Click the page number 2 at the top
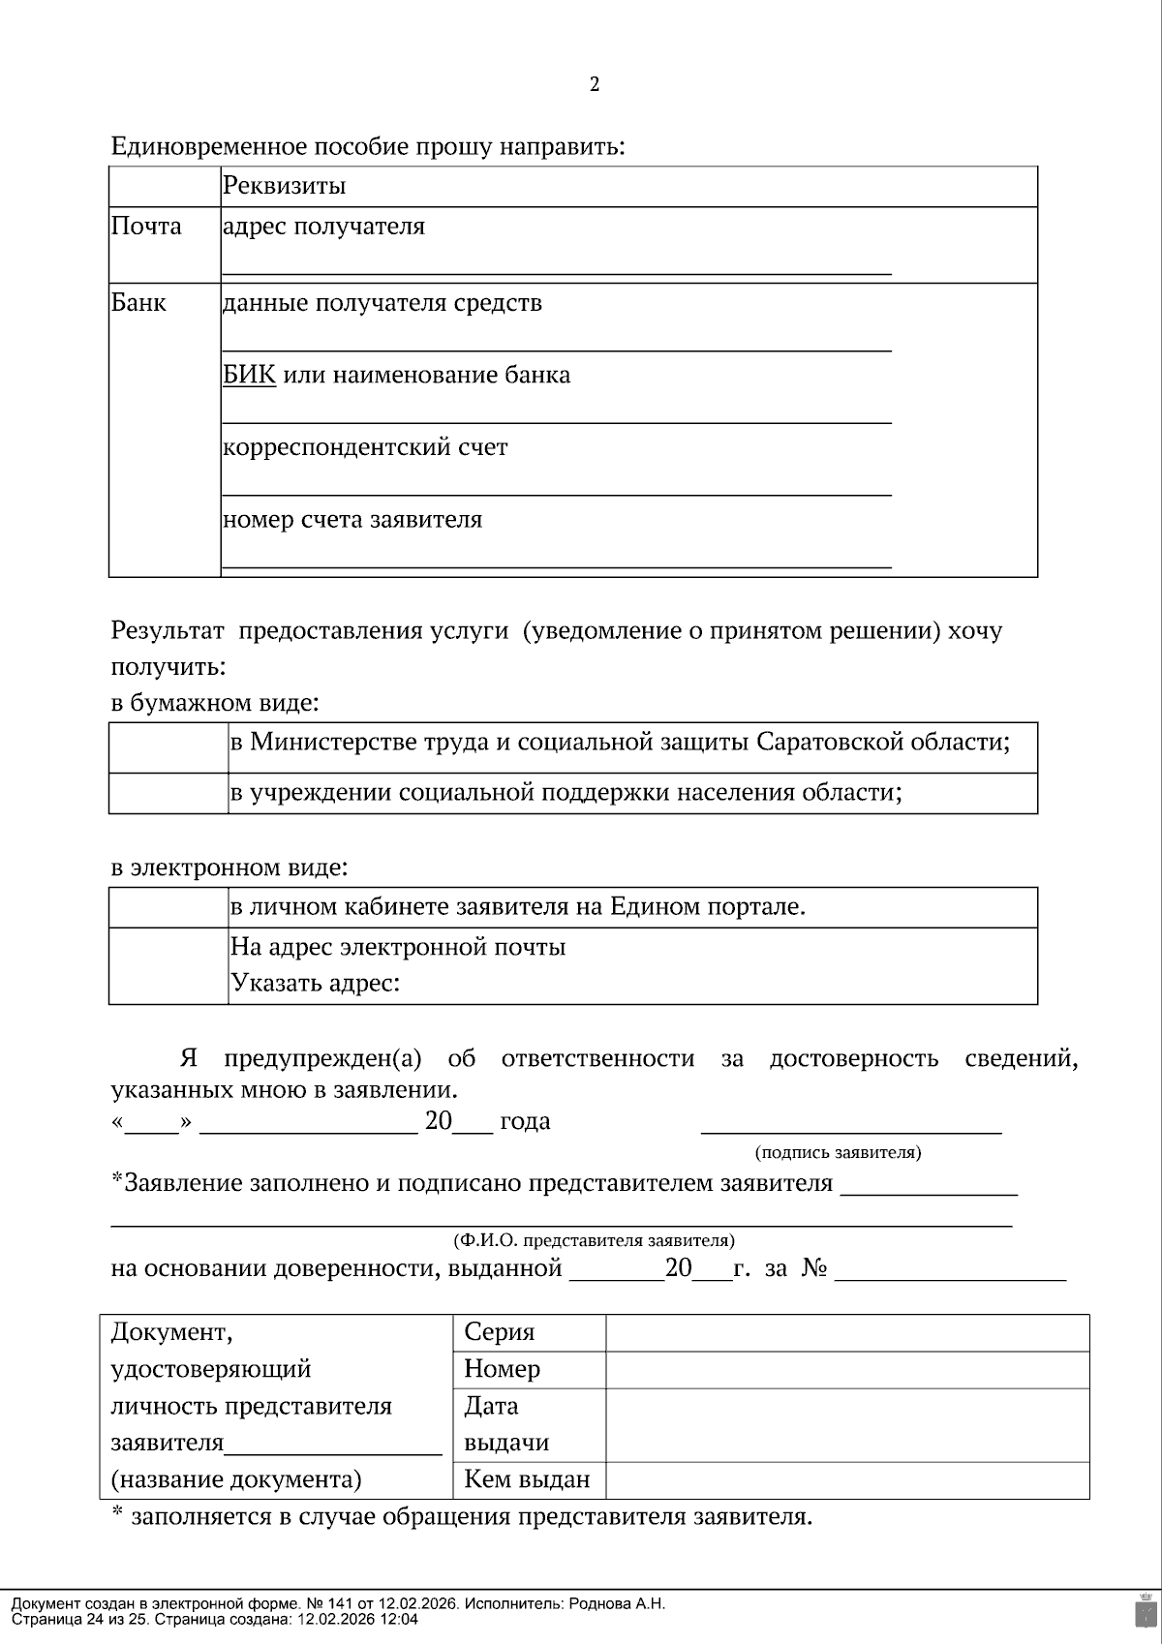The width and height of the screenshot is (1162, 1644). pyautogui.click(x=595, y=84)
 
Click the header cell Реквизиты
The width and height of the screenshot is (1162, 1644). pyautogui.click(x=284, y=185)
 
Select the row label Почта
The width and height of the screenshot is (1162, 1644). pyautogui.click(x=146, y=227)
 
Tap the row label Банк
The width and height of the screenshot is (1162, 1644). pyautogui.click(x=138, y=303)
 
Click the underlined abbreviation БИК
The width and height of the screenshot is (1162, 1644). pyautogui.click(x=249, y=375)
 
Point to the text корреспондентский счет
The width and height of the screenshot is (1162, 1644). pyautogui.click(x=364, y=447)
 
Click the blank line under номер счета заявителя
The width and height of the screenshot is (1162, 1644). pyautogui.click(x=556, y=564)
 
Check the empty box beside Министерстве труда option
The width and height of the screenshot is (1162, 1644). pyautogui.click(x=168, y=747)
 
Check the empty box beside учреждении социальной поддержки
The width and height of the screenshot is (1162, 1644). pyautogui.click(x=168, y=793)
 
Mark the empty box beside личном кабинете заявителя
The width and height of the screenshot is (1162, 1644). pyautogui.click(x=168, y=907)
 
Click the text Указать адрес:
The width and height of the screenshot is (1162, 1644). pyautogui.click(x=315, y=984)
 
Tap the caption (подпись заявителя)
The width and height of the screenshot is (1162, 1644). pyautogui.click(x=838, y=1152)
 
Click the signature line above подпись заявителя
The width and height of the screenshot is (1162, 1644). pyautogui.click(x=850, y=1129)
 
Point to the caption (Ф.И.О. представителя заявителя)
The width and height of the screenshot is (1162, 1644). pyautogui.click(x=594, y=1240)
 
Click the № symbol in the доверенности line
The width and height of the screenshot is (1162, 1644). pyautogui.click(x=813, y=1268)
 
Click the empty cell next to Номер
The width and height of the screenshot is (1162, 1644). pyautogui.click(x=846, y=1369)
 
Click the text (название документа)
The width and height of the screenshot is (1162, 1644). pyautogui.click(x=236, y=1479)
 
